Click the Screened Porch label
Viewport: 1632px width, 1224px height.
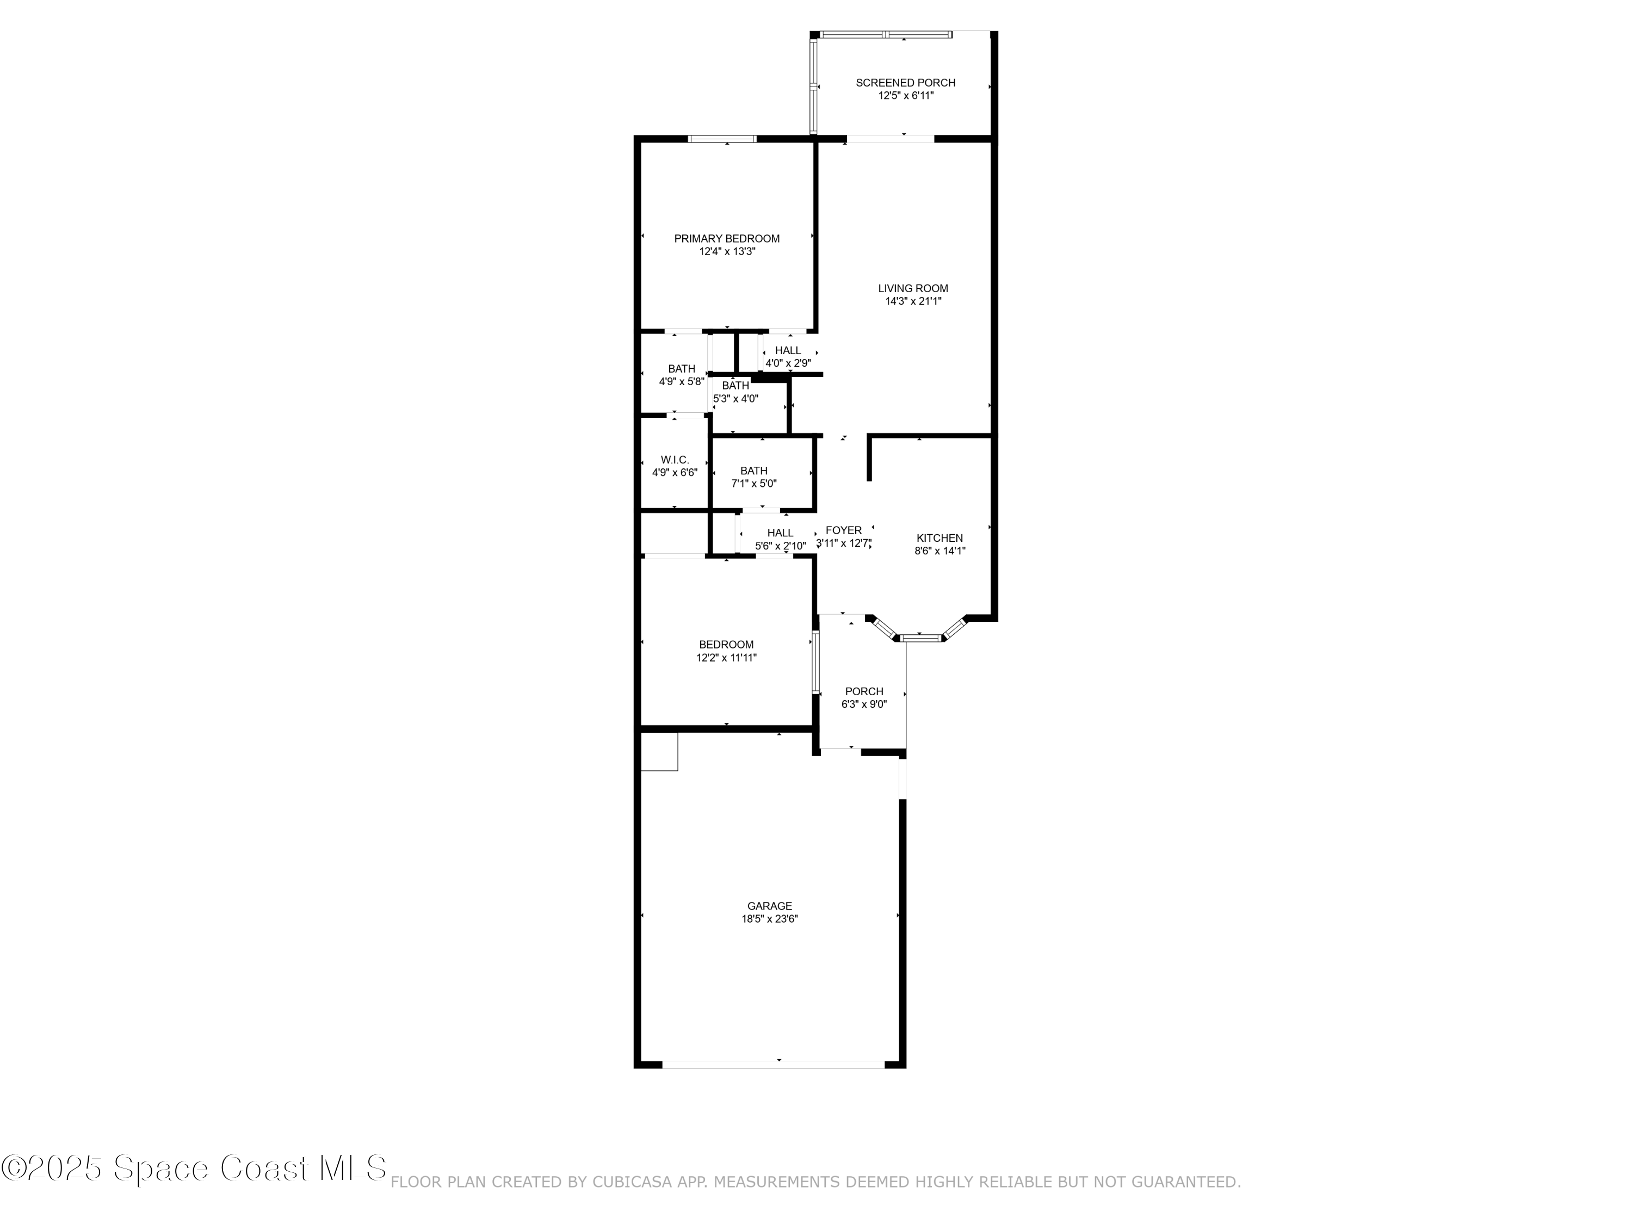[905, 83]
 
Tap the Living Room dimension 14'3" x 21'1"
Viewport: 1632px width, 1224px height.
[913, 301]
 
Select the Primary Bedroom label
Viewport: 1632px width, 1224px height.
[727, 238]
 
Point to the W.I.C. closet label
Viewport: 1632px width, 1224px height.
[675, 460]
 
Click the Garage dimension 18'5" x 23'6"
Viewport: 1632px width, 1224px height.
[770, 919]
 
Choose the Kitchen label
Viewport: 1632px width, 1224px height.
[939, 538]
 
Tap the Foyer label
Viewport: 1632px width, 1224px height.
[843, 530]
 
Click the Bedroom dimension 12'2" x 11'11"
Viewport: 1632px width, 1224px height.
[727, 657]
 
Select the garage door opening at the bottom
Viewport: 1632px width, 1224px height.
[773, 1065]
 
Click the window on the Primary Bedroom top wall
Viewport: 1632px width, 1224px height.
[722, 139]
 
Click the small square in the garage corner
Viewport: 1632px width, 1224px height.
[659, 752]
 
